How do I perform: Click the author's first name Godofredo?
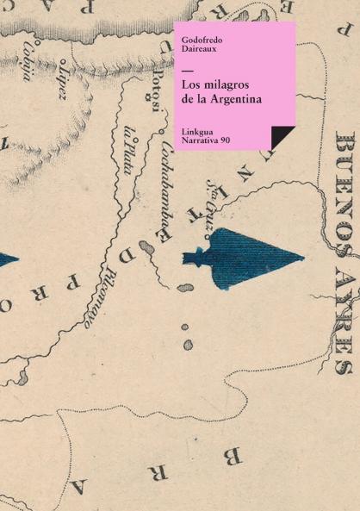pyautogui.click(x=202, y=39)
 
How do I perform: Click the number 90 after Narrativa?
pyautogui.click(x=225, y=139)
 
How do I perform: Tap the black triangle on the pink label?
pyautogui.click(x=281, y=136)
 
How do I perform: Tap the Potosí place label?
pyautogui.click(x=156, y=94)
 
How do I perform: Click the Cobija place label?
pyautogui.click(x=28, y=60)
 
